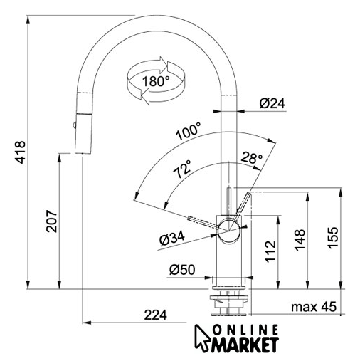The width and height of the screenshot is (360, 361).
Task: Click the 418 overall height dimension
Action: tap(20, 152)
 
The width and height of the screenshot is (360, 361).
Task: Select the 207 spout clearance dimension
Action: tap(52, 221)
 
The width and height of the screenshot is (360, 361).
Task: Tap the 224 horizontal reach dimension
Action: tap(156, 315)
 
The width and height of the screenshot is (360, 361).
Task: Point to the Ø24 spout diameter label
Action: tap(272, 103)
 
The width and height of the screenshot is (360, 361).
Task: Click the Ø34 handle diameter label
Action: tap(172, 239)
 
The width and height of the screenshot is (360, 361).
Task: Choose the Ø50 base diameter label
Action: tap(182, 270)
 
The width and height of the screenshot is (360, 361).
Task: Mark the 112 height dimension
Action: tap(270, 251)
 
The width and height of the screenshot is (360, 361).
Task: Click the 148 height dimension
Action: tap(300, 240)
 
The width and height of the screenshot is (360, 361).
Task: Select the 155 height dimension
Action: tap(333, 238)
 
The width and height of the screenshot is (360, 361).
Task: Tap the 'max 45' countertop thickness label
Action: tap(314, 307)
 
